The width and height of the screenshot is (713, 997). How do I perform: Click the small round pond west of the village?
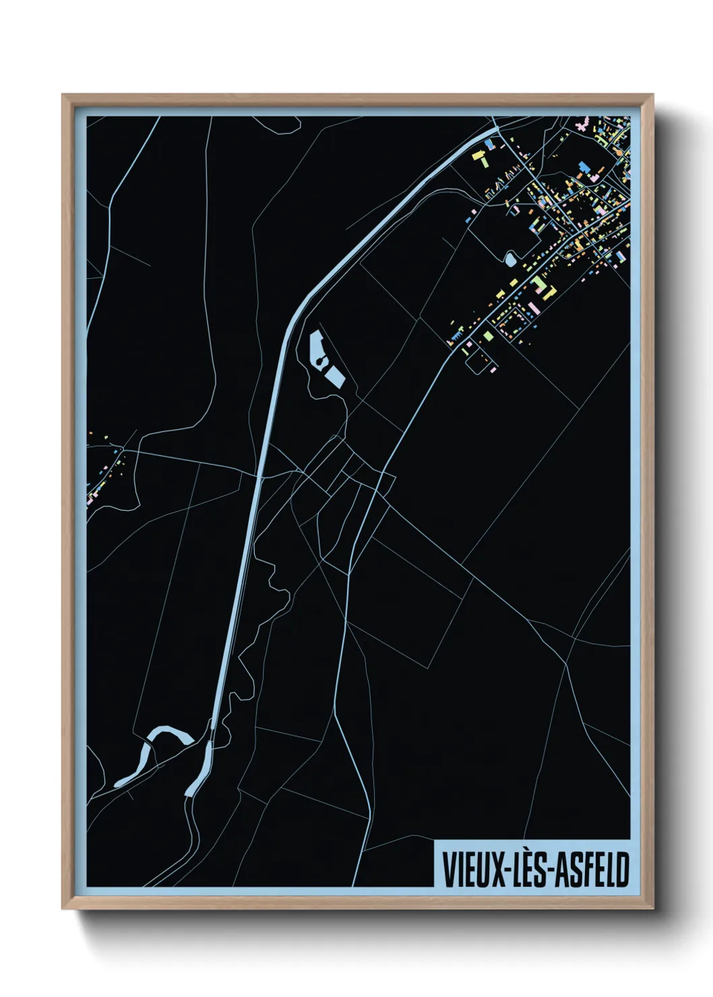pos(510,258)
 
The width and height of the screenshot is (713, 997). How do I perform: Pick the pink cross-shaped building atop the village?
pos(582,125)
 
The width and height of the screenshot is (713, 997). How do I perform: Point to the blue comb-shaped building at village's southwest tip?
pos(457,333)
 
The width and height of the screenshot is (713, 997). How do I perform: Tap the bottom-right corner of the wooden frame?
pos(652,908)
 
